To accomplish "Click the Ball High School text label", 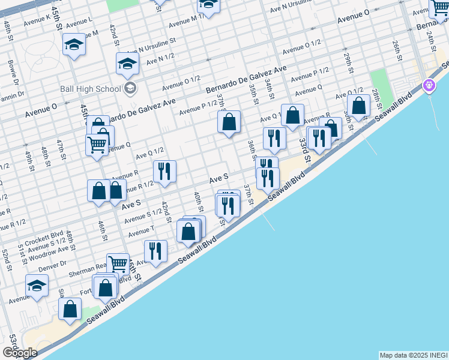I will (91, 89).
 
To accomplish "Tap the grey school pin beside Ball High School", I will (130, 89).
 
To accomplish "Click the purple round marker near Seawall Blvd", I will (429, 86).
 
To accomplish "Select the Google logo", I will (20, 352).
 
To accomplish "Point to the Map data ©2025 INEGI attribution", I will (414, 355).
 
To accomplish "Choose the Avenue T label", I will (141, 230).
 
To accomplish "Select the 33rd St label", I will (304, 149).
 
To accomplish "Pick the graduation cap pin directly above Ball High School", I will (127, 63).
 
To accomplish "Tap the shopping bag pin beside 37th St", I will (229, 122).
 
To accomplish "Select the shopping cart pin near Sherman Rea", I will (118, 263).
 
